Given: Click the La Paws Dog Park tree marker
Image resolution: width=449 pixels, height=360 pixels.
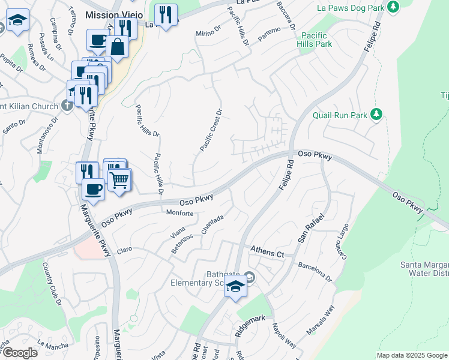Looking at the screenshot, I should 393,7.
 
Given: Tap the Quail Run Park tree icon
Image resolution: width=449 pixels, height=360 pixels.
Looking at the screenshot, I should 377,114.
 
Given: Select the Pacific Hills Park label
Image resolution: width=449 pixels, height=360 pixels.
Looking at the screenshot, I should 316,40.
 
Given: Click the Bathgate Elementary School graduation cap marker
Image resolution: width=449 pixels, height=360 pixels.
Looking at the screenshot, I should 235,288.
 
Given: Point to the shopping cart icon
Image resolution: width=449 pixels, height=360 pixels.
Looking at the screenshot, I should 119,179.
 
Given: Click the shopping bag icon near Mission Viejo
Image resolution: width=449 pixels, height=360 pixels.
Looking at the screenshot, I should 118,47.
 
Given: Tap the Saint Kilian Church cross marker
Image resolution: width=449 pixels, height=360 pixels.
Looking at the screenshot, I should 67,106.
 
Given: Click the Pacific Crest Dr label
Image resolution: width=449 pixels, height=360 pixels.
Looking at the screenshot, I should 211,130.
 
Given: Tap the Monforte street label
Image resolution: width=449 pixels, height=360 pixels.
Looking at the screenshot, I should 179,213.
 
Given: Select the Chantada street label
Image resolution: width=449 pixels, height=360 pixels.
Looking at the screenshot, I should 212,226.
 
